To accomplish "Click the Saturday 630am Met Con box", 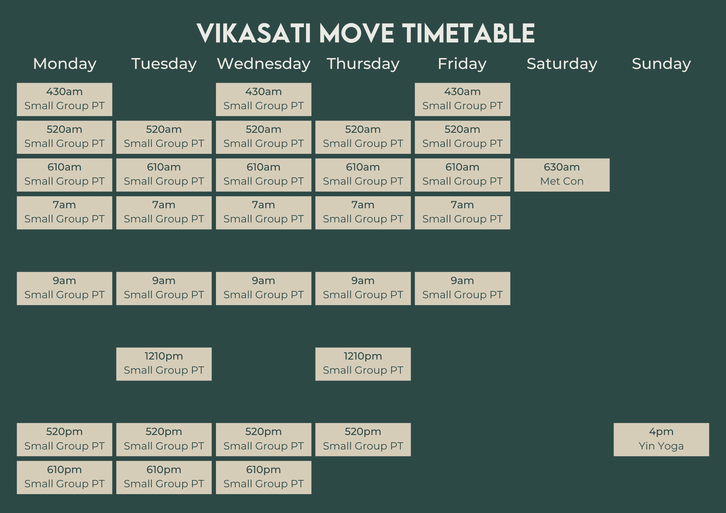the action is tap(562, 175).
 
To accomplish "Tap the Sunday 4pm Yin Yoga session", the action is tap(661, 439).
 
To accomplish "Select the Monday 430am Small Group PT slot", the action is tap(65, 99).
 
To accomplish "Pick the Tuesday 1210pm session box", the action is tap(164, 364).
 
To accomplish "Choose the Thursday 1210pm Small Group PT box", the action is tap(363, 364).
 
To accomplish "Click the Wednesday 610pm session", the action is tap(264, 477).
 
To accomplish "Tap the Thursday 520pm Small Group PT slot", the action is tap(363, 439).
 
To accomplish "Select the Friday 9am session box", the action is tap(462, 288).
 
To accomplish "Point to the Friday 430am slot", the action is tap(462, 99).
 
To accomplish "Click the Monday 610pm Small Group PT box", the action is tap(65, 477).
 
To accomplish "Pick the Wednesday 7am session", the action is tap(264, 213).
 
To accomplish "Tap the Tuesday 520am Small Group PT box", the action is tap(164, 137).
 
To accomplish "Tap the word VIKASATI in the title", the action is tap(254, 33).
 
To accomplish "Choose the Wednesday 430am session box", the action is tap(264, 99).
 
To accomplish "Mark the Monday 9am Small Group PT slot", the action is tap(65, 288).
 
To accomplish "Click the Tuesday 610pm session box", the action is tap(164, 477).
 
